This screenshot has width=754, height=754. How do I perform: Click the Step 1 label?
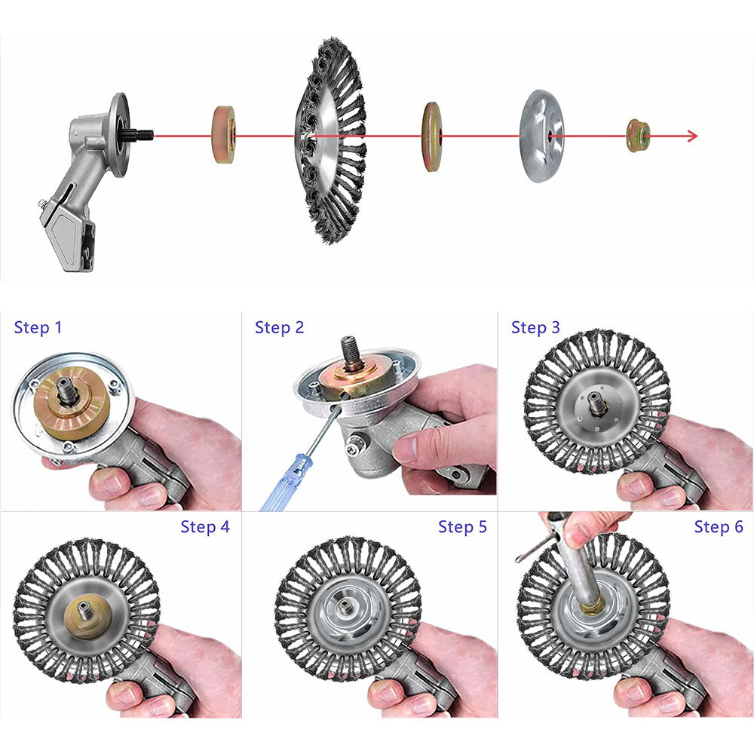point(38,327)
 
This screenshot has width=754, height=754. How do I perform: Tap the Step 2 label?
point(280,327)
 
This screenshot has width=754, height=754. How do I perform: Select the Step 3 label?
point(535,327)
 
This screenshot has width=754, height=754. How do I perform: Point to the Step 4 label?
point(205,526)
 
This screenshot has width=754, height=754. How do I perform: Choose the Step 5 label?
point(462,526)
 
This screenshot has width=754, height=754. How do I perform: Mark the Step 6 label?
point(719,526)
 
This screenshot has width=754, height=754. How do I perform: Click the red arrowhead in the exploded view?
point(692,136)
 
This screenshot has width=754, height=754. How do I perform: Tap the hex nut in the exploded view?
point(638,136)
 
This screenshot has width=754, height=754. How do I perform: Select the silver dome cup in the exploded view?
point(541,136)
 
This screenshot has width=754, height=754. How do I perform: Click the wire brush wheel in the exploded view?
point(331,139)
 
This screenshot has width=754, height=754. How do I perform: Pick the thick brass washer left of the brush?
point(224,135)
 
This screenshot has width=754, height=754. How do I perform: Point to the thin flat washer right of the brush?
point(431,136)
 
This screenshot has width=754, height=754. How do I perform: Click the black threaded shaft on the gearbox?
point(140,135)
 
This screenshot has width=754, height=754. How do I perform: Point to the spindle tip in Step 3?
point(598,404)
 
